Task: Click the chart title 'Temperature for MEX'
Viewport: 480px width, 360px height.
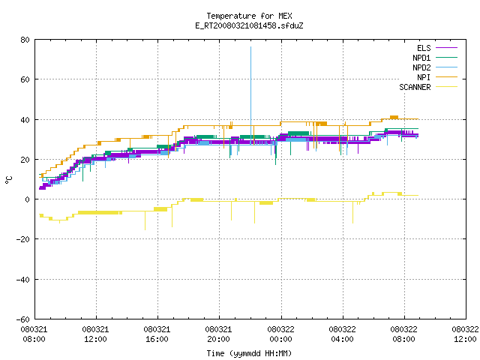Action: [249, 16]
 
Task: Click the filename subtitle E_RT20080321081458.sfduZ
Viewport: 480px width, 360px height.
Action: [249, 25]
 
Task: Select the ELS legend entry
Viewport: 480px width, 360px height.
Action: [436, 48]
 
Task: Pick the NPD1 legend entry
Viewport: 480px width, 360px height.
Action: [435, 58]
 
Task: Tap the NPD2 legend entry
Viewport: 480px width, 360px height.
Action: [435, 67]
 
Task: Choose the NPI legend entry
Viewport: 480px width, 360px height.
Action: [437, 77]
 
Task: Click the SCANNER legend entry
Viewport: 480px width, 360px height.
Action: [428, 87]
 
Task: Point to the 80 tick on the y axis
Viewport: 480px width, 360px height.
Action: [25, 40]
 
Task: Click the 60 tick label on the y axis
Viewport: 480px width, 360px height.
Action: [25, 79]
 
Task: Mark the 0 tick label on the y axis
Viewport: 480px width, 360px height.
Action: [28, 199]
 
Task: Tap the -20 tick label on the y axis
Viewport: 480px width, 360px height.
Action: [23, 239]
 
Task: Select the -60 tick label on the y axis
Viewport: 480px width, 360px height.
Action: [23, 319]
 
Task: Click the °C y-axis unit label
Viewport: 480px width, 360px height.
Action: [8, 180]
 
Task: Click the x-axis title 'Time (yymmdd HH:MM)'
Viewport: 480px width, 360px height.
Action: [249, 353]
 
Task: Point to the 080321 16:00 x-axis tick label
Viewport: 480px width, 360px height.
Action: [157, 334]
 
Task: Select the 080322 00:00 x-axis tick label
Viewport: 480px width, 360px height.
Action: [280, 334]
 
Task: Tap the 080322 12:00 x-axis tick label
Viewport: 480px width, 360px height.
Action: [465, 334]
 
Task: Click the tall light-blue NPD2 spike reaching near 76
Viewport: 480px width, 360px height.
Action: [251, 95]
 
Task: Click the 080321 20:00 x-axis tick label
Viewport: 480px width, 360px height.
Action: [218, 334]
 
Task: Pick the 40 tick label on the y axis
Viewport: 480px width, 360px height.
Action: [25, 120]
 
